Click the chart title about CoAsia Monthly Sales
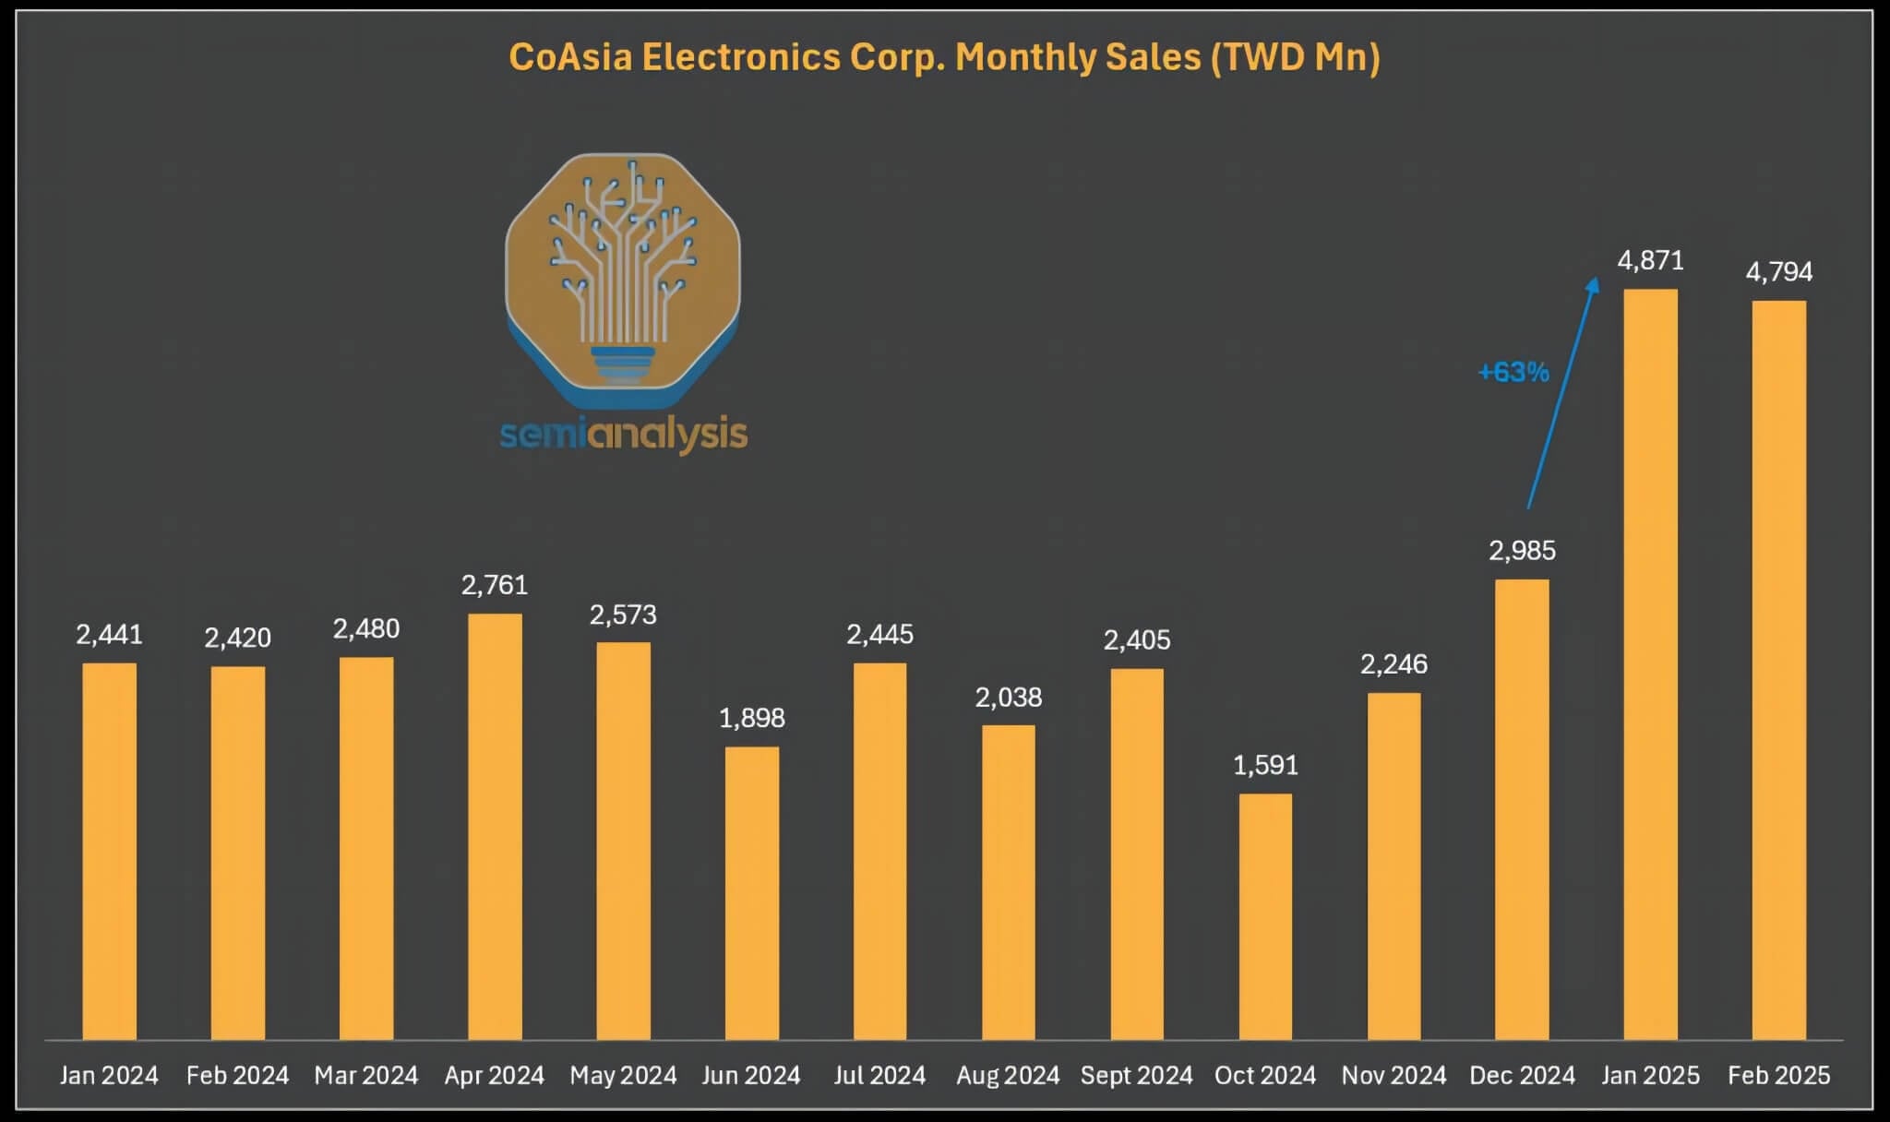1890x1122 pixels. coord(944,57)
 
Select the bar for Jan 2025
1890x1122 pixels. coord(1650,664)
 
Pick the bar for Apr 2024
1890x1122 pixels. coord(495,826)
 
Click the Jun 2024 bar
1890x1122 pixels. coord(751,892)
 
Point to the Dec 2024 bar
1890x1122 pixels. coord(1522,809)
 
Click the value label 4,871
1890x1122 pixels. coord(1650,261)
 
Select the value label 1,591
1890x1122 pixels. coord(1265,765)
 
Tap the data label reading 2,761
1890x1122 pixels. coord(495,585)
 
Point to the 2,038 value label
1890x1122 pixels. coord(1008,698)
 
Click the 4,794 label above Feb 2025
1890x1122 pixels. coord(1778,272)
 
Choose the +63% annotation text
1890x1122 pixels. coord(1513,372)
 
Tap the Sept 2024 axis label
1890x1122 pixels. coord(1136,1075)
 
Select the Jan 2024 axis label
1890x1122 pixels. coord(109,1075)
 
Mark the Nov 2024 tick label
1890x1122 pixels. coord(1394,1075)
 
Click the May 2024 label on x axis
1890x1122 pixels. coord(623,1075)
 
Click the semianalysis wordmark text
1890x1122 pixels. coord(623,434)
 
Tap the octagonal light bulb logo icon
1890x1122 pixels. coord(623,277)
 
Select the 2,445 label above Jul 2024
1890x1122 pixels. coord(879,635)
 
